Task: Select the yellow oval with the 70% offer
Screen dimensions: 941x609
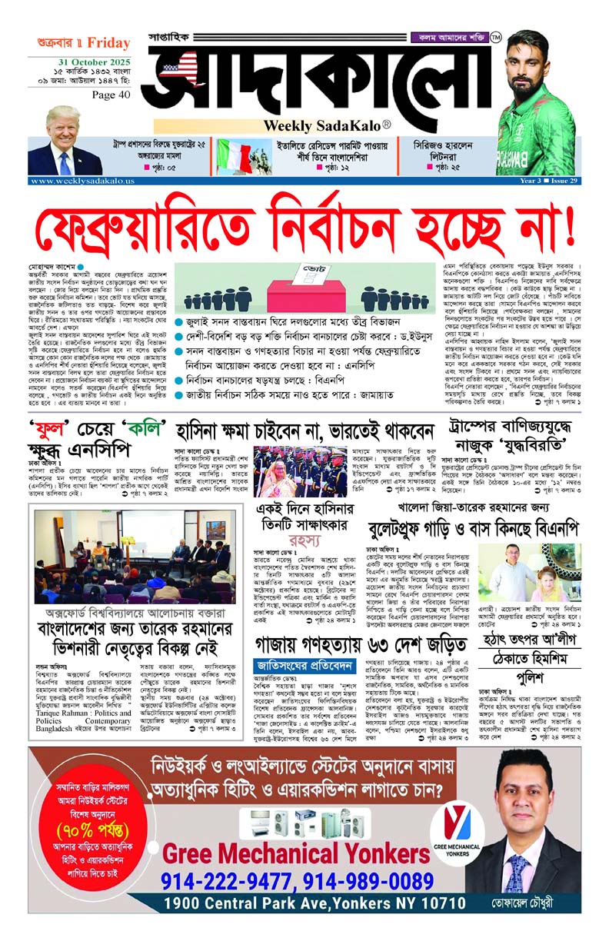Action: click(83, 831)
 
